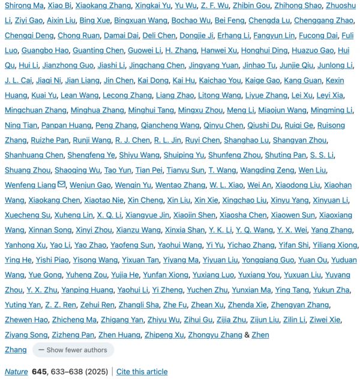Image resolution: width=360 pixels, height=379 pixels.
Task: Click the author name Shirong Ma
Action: pos(24,5)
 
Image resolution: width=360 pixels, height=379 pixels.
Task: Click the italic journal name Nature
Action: pos(16,372)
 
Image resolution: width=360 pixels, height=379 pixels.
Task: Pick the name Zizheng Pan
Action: pos(71,335)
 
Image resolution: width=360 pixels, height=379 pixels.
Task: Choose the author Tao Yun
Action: pos(118,170)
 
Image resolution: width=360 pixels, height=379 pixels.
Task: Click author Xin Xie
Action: pos(206,200)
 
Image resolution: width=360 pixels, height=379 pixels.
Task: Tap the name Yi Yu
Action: pos(214,245)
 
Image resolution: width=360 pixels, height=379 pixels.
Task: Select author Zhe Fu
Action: pos(175,305)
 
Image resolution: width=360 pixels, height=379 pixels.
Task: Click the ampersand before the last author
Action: pos(247,335)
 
